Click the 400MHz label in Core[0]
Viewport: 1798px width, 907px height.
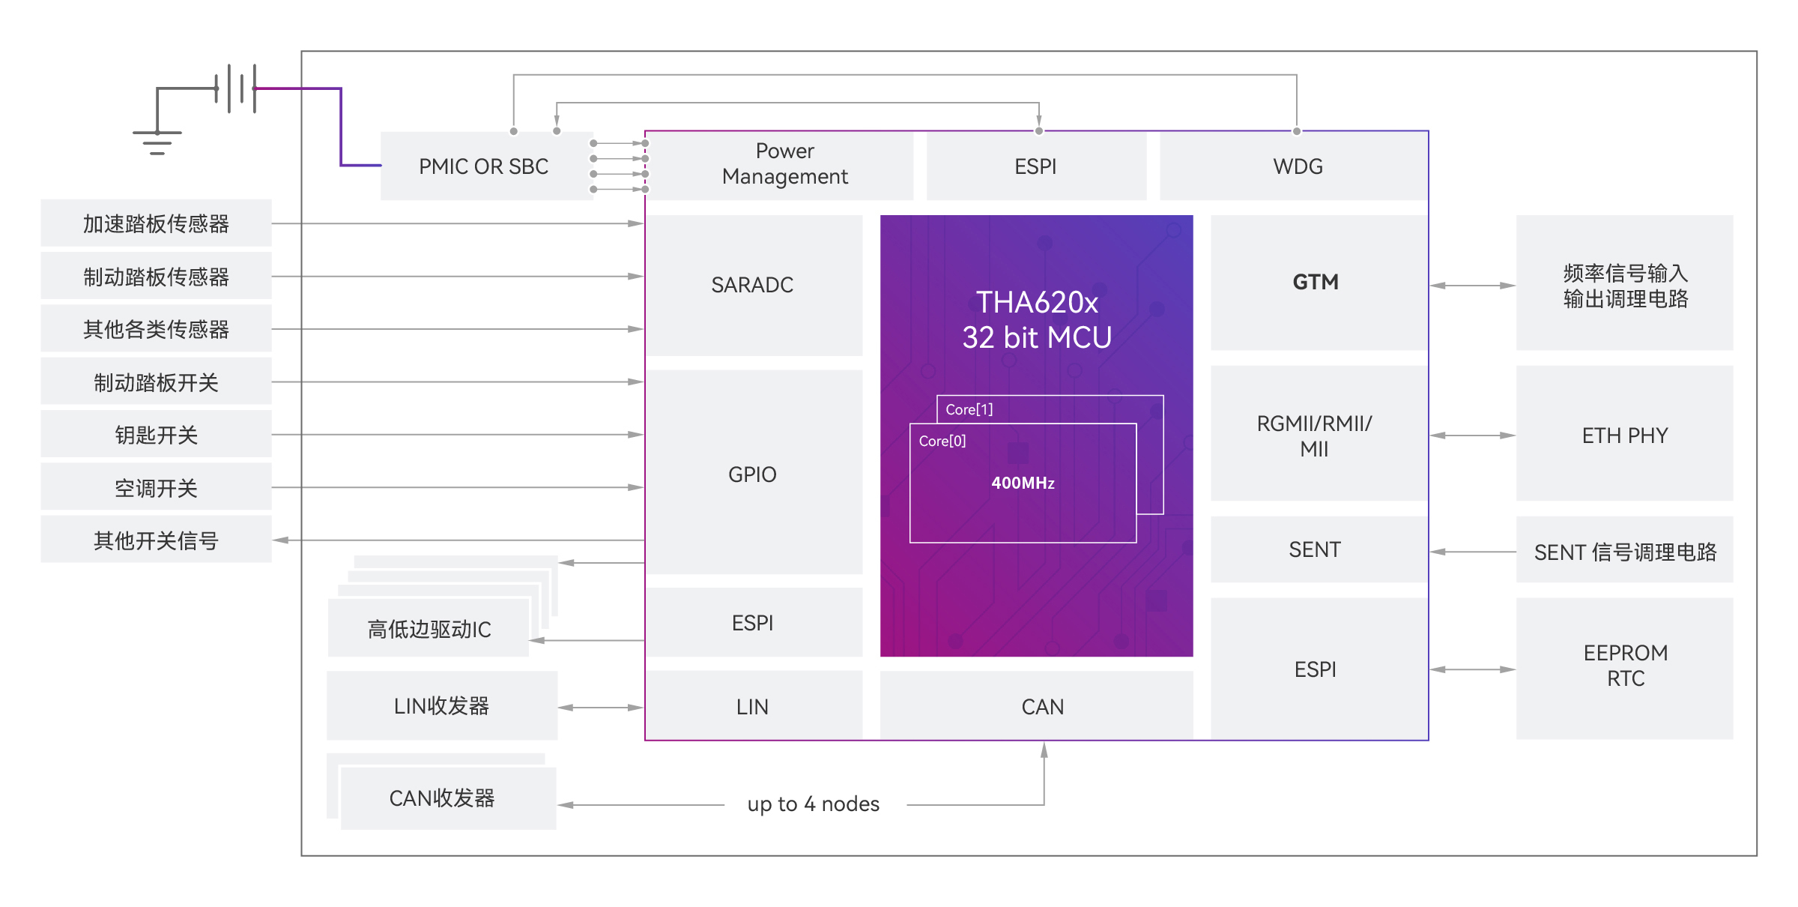click(x=1023, y=483)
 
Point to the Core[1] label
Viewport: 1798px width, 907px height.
click(x=969, y=409)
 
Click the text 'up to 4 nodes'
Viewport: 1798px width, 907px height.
click(x=814, y=804)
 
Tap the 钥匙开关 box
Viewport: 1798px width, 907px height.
click(x=156, y=434)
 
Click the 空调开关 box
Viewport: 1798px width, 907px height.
click(x=156, y=487)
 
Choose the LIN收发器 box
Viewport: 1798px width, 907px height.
click(x=442, y=705)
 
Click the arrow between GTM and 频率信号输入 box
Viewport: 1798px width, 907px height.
click(x=1472, y=286)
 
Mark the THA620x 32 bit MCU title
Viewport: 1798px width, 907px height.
click(x=1037, y=320)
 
